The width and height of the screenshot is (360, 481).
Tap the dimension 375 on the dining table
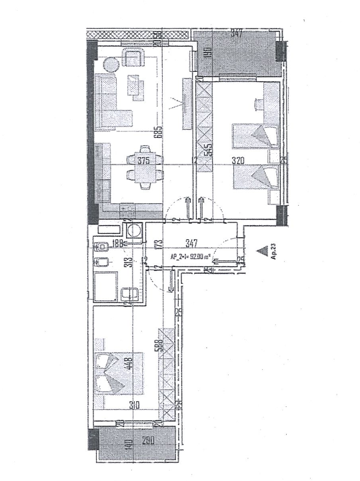point(143,161)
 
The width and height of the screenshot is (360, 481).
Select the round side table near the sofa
point(111,65)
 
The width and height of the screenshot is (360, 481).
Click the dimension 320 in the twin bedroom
point(239,161)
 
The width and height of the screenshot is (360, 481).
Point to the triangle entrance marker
point(266,251)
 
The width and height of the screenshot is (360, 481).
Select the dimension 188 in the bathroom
point(119,244)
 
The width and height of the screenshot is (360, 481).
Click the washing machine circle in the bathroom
point(136,231)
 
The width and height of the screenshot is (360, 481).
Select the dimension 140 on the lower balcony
point(125,444)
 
